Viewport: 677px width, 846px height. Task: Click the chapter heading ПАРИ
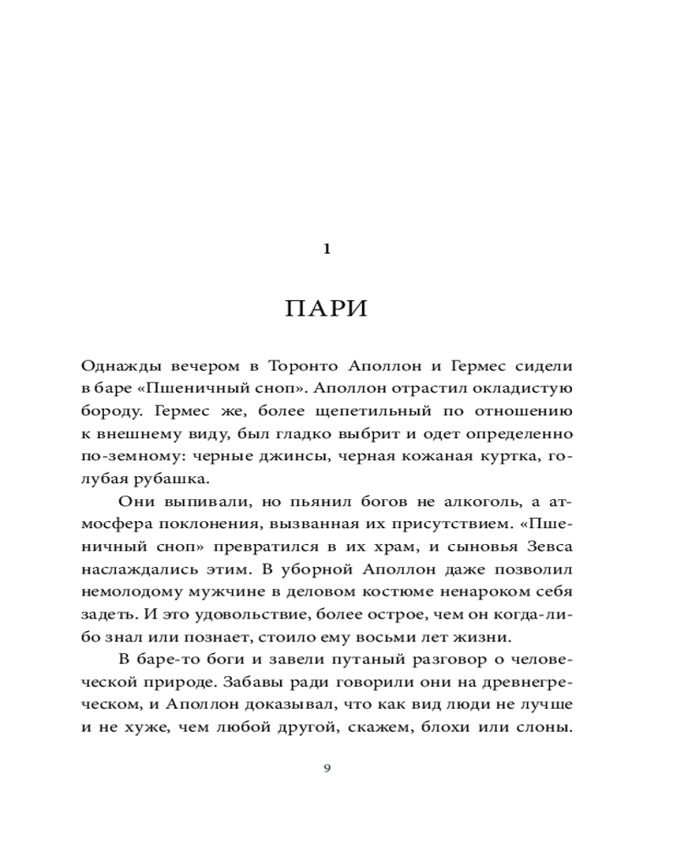[327, 308]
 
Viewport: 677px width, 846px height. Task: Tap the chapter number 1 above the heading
[327, 249]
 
